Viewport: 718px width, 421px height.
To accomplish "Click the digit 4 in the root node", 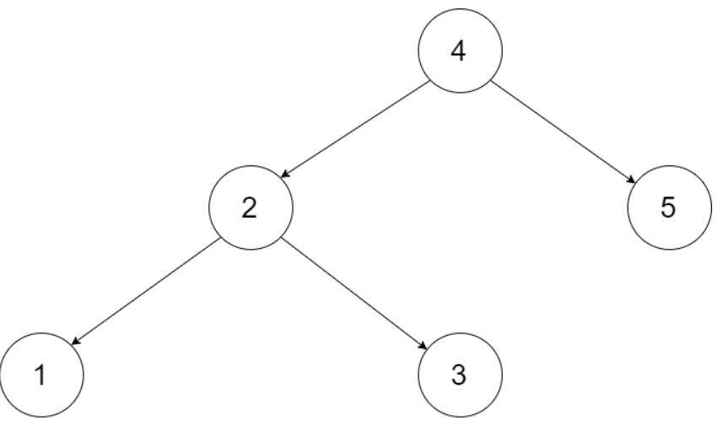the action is pyautogui.click(x=458, y=51).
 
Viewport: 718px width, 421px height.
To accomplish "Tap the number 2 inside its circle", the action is pyautogui.click(x=249, y=208).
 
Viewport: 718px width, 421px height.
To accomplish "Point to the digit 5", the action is pyautogui.click(x=668, y=207).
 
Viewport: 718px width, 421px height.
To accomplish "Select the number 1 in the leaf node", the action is pyautogui.click(x=40, y=375).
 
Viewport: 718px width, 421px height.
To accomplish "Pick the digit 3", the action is pyautogui.click(x=459, y=375).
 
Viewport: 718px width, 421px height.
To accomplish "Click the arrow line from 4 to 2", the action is pyautogui.click(x=355, y=129).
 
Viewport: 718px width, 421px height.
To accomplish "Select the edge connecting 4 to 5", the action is pyautogui.click(x=564, y=132).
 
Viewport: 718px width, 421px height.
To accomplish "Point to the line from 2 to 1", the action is pyautogui.click(x=146, y=291).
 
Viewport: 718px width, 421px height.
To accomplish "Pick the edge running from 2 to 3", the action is pyautogui.click(x=354, y=294).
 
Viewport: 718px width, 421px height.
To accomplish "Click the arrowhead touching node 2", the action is pyautogui.click(x=285, y=174).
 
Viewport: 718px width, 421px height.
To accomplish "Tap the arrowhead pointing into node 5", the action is pyautogui.click(x=632, y=179).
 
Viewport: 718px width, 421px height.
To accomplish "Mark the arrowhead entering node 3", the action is pyautogui.click(x=423, y=345).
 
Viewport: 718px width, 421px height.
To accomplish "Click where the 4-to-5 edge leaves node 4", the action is pyautogui.click(x=490, y=81).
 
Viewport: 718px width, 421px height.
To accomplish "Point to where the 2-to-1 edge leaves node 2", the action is pyautogui.click(x=221, y=239).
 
